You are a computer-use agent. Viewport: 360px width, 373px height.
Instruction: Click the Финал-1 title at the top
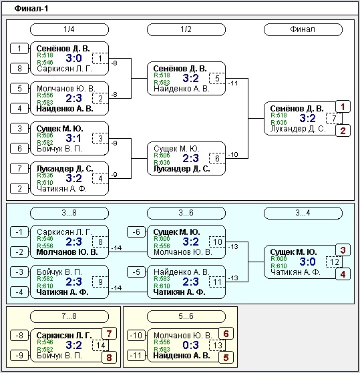coord(31,9)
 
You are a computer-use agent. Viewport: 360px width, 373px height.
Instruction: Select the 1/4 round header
coord(69,29)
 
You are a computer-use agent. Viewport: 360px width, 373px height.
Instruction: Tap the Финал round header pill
coord(303,29)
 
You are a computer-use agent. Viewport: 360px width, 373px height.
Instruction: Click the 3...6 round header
coord(186,213)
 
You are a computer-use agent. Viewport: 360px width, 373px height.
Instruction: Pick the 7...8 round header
coord(69,316)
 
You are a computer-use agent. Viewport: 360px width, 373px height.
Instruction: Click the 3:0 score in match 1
coord(74,58)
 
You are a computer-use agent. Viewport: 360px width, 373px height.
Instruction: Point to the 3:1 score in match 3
coord(74,138)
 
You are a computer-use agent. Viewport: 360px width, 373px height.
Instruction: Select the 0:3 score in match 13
coord(191,345)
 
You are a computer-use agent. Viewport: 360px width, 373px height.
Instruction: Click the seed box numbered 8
coord(19,69)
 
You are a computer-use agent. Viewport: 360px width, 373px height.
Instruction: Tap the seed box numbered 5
coord(19,89)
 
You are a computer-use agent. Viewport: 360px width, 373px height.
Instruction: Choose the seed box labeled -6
coord(136,232)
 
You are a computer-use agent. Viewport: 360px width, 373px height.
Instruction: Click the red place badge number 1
coord(343,107)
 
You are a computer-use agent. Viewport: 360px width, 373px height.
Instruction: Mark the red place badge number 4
coord(343,274)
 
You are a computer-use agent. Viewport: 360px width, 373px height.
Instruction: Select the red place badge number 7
coord(109,334)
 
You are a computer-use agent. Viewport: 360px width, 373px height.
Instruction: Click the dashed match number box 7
coord(334,118)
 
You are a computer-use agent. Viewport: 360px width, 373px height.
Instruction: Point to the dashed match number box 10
coord(217,242)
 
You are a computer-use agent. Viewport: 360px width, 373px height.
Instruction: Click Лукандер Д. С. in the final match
coord(298,129)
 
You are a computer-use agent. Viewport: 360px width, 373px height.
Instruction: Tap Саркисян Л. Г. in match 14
coord(64,335)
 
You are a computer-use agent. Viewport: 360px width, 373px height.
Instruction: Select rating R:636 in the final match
coord(279,123)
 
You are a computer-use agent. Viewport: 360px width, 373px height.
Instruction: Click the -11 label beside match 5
coord(233,83)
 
